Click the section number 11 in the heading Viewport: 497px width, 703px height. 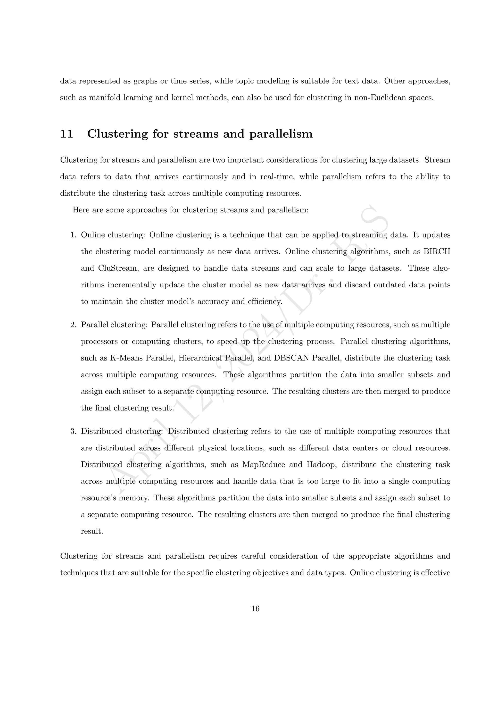(66, 134)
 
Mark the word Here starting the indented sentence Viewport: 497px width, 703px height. (81, 210)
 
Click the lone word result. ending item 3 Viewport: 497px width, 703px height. (92, 531)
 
